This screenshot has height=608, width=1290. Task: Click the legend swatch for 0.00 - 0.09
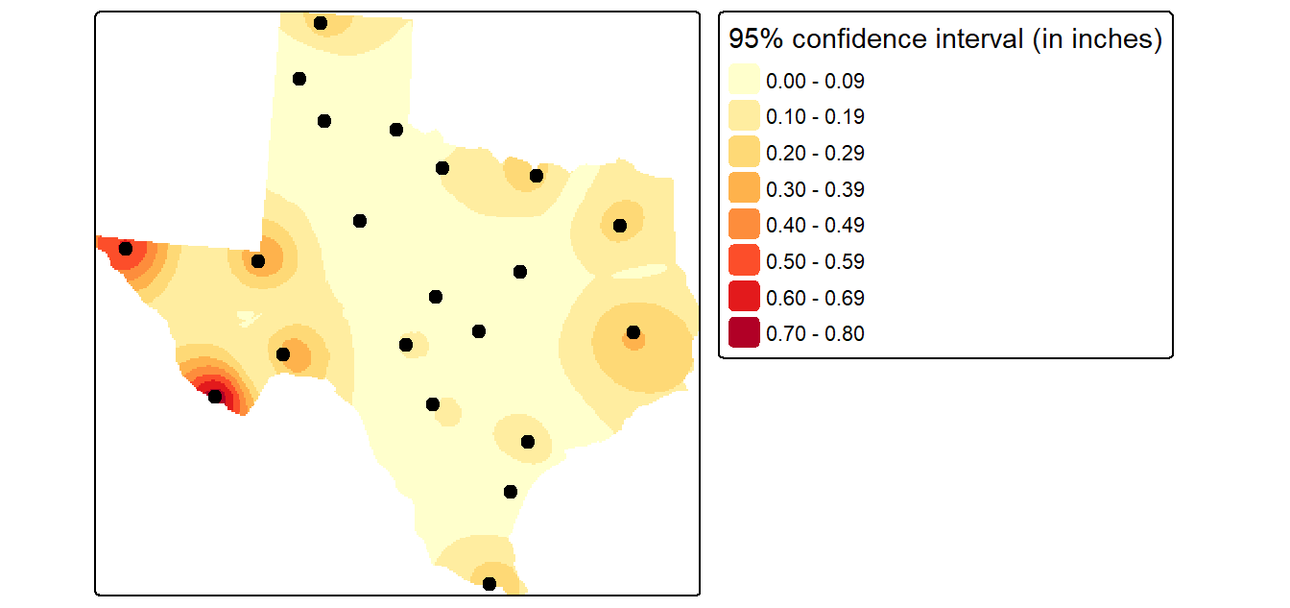coord(744,80)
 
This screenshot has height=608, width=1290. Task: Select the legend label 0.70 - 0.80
coord(815,333)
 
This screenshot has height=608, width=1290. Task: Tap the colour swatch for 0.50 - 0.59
coord(744,260)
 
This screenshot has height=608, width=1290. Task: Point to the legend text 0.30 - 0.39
coord(815,189)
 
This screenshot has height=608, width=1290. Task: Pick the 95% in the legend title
coord(756,39)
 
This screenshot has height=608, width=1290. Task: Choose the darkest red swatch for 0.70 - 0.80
coord(744,332)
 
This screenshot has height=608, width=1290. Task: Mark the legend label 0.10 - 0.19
coord(815,117)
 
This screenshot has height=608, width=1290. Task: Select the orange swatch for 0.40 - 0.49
coord(744,224)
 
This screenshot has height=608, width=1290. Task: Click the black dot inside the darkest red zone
coord(215,397)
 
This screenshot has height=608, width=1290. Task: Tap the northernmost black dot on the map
coord(321,23)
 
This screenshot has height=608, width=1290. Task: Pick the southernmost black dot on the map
coord(490,584)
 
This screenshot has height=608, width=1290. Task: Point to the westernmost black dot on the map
coord(126,249)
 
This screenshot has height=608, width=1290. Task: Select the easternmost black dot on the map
coord(633,332)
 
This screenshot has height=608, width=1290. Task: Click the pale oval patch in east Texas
coord(639,272)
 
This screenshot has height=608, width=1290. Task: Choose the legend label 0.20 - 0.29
coord(815,154)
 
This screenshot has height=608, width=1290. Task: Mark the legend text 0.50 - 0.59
coord(815,261)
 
